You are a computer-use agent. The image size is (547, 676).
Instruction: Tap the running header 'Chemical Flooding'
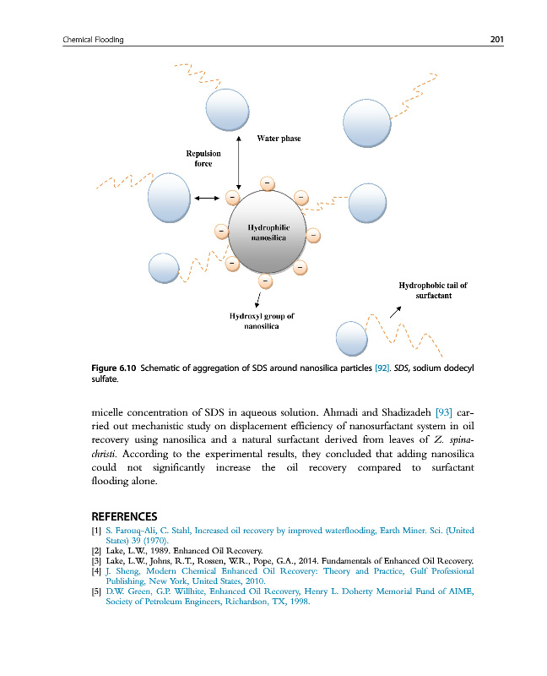pos(94,39)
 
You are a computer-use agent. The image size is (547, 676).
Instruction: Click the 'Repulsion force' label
pos(203,158)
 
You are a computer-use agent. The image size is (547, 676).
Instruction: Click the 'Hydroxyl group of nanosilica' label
pos(262,319)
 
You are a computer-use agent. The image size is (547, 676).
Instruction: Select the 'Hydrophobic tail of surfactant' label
pos(432,291)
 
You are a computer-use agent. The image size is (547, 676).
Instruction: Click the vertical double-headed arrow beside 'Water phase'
pos(240,161)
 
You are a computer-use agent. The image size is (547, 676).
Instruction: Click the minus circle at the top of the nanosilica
pos(266,183)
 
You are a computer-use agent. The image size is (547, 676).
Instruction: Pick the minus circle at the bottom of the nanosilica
pos(263,280)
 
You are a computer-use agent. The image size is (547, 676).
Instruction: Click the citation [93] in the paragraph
pos(443,412)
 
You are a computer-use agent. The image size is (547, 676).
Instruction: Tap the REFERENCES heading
pos(124,516)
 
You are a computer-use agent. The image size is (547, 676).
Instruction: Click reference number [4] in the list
pos(96,571)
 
